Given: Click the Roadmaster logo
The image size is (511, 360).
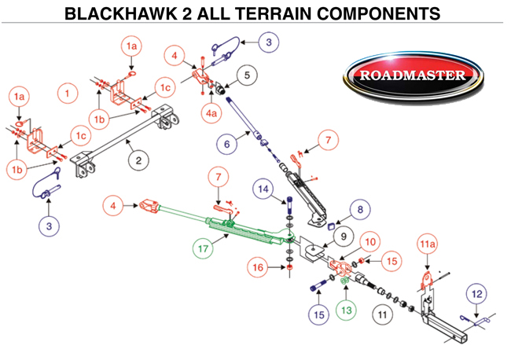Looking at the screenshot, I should click(x=414, y=76).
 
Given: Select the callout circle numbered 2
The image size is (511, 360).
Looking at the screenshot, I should click(x=138, y=161).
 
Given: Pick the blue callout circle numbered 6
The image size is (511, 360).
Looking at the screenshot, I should click(x=225, y=145).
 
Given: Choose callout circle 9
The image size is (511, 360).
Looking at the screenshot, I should click(x=341, y=236).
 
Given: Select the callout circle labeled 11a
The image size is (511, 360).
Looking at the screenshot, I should click(x=427, y=246).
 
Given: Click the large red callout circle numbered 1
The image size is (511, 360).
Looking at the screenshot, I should click(x=68, y=94).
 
